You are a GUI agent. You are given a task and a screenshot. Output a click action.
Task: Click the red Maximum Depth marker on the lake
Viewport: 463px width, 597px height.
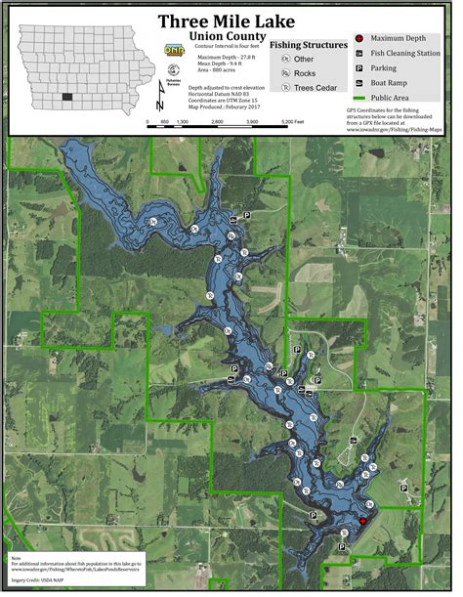pyautogui.click(x=362, y=522)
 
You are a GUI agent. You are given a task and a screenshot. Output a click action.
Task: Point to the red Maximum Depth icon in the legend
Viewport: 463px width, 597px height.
pyautogui.click(x=359, y=38)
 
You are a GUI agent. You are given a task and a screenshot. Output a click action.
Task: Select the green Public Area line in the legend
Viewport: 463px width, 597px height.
pyautogui.click(x=359, y=99)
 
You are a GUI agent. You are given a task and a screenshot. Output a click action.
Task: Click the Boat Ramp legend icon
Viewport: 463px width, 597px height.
pyautogui.click(x=359, y=84)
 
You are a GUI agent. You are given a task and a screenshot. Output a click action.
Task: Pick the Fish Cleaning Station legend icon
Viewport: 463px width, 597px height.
pyautogui.click(x=359, y=54)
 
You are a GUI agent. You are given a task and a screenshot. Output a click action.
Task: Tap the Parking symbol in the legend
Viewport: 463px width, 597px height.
pyautogui.click(x=359, y=69)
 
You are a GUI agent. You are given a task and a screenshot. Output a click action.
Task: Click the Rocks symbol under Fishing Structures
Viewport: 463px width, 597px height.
pyautogui.click(x=286, y=73)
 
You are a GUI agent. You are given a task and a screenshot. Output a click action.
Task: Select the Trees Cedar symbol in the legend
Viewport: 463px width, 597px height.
pyautogui.click(x=286, y=87)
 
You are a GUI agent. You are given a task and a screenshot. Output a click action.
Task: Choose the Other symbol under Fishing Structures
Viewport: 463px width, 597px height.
pyautogui.click(x=286, y=60)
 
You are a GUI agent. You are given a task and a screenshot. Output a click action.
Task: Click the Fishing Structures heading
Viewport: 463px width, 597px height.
pyautogui.click(x=309, y=45)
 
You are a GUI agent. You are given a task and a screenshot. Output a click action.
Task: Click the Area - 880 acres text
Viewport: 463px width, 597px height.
pyautogui.click(x=219, y=71)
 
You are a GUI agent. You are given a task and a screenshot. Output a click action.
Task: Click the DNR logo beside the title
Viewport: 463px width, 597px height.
pyautogui.click(x=175, y=49)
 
